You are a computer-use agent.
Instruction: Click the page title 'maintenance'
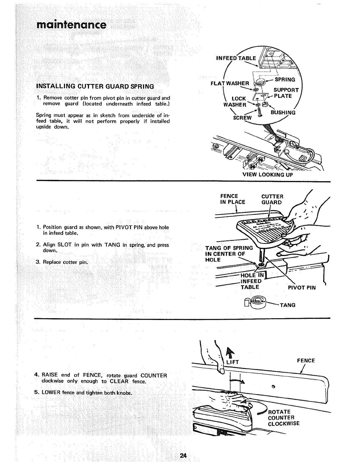pyautogui.click(x=71, y=24)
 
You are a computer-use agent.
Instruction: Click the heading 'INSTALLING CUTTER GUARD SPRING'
pyautogui.click(x=95, y=87)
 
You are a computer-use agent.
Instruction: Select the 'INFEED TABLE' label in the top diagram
pyautogui.click(x=236, y=58)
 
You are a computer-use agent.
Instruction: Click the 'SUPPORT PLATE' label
pyautogui.click(x=286, y=93)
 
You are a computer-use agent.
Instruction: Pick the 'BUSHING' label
pyautogui.click(x=283, y=112)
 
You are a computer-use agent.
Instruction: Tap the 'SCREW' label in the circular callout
pyautogui.click(x=242, y=118)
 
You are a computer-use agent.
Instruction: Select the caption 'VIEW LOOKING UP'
pyautogui.click(x=267, y=174)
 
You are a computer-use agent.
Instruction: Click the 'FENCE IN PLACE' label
pyautogui.click(x=233, y=199)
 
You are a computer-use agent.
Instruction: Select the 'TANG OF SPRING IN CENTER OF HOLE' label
pyautogui.click(x=229, y=254)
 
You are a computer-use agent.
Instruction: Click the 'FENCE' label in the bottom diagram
pyautogui.click(x=306, y=361)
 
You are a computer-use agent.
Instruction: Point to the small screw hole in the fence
pyautogui.click(x=273, y=386)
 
